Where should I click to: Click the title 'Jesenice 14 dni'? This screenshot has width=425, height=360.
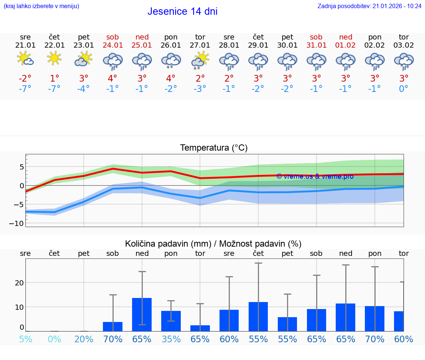coord(182,11)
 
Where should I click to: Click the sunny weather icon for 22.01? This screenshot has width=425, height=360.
coord(54,58)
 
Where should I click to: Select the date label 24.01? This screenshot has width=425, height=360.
coord(113,45)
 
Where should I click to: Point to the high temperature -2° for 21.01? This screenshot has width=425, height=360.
coord(25,79)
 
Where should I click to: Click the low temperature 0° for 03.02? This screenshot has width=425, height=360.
coord(404,89)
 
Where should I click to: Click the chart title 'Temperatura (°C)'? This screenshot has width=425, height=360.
coord(214,148)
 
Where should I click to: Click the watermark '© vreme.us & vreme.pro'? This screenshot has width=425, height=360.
coord(315,176)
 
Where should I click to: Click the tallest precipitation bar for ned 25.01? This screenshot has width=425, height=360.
coord(142,314)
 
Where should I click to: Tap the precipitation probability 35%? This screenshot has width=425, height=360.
coord(171,339)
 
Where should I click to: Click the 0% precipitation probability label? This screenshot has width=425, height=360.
coord(54,339)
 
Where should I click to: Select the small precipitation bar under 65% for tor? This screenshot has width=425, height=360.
coord(200,328)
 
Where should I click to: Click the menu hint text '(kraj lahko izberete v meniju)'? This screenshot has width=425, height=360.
coord(41,6)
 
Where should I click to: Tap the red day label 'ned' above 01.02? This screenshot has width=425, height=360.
coord(346,37)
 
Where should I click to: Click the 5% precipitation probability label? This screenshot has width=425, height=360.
coord(25,339)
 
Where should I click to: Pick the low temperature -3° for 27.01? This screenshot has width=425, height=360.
coord(200,89)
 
